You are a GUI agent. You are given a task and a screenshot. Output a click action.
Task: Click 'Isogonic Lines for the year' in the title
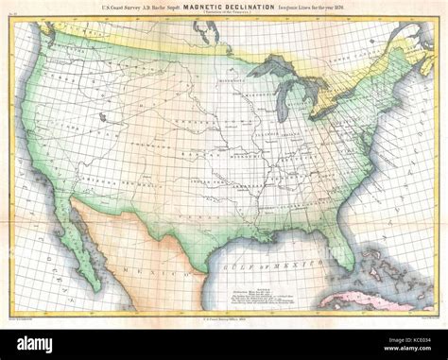pos(326,8)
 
